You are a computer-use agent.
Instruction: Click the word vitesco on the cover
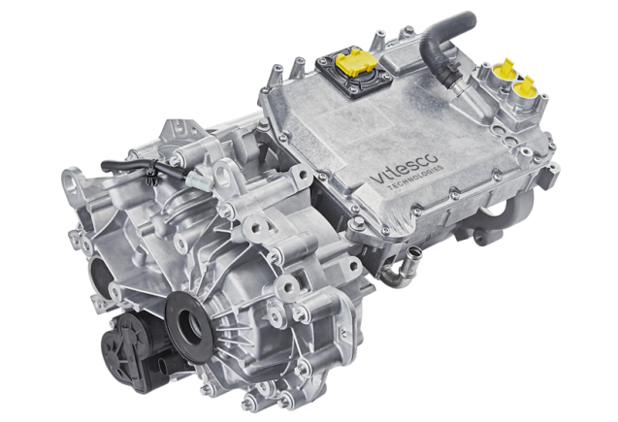tap(404, 169)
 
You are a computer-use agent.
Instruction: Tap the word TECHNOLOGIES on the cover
tap(416, 178)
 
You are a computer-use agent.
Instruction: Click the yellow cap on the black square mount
tap(355, 63)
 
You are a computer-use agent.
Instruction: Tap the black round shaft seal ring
tap(189, 322)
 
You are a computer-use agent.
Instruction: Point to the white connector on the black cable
tap(199, 179)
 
